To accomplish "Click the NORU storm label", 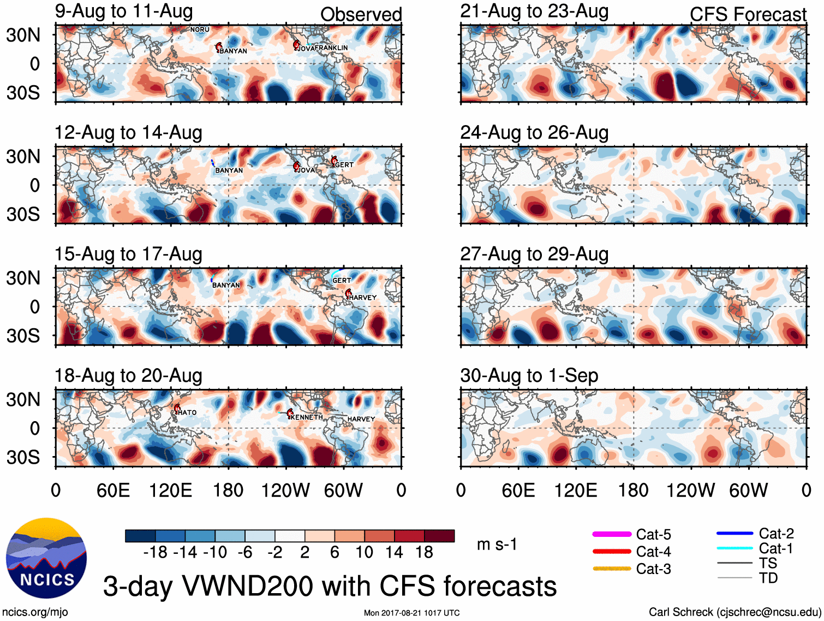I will click(200, 29).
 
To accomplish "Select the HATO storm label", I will click(187, 412).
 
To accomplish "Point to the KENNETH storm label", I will click(307, 417).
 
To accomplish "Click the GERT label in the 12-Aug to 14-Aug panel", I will click(344, 164).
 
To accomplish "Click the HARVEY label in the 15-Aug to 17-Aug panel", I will click(363, 298).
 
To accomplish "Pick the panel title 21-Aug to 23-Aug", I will click(534, 11).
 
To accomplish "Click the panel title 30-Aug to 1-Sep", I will click(529, 376).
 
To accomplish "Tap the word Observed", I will click(361, 15).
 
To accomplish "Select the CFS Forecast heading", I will click(748, 15).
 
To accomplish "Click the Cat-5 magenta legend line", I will click(612, 534).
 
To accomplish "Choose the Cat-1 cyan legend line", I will click(735, 548).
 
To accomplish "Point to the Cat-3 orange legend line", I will click(612, 569).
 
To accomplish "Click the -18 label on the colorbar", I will click(155, 553).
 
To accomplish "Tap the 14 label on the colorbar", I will click(394, 553).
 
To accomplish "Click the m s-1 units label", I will click(497, 545).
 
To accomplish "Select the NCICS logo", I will click(46, 558).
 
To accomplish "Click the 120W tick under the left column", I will click(285, 490).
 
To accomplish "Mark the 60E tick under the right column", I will click(518, 490).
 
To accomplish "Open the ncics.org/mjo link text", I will click(35, 612).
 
